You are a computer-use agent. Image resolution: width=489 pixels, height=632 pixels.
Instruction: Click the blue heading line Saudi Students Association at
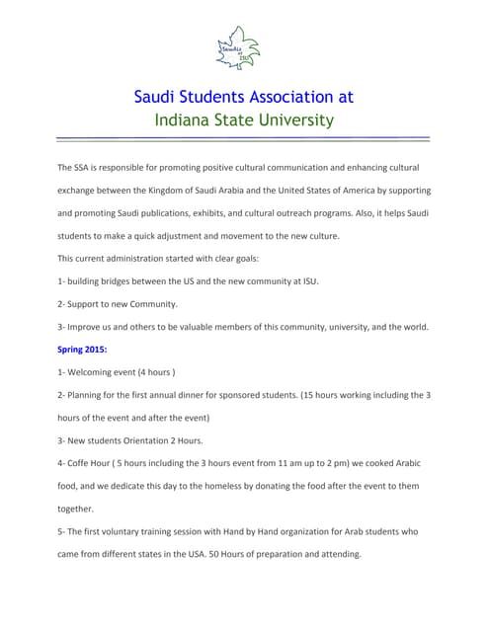click(x=243, y=97)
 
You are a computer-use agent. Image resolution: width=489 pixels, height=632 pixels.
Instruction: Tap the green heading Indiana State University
click(x=243, y=120)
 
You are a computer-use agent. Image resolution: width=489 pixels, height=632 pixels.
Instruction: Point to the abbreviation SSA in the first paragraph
click(x=82, y=168)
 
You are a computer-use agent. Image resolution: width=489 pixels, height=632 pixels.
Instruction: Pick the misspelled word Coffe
click(x=81, y=463)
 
